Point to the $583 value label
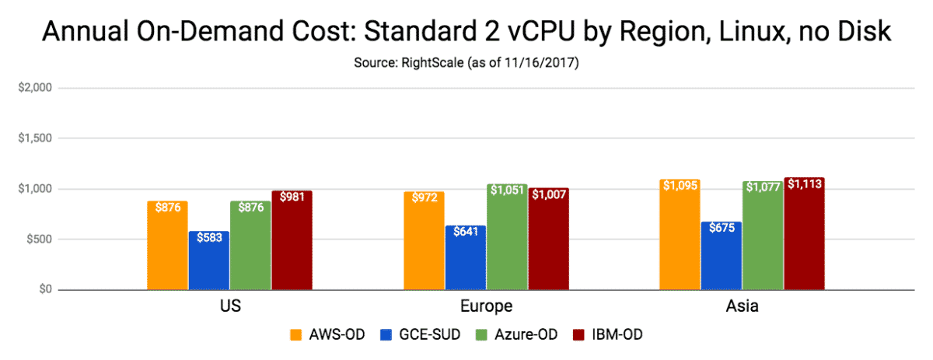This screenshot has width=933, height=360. pos(209,237)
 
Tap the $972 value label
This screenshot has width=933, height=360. pos(424,197)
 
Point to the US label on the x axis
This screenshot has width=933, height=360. pos(230,306)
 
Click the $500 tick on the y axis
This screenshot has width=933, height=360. pos(37,239)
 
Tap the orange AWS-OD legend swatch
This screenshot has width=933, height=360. pos(296,335)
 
